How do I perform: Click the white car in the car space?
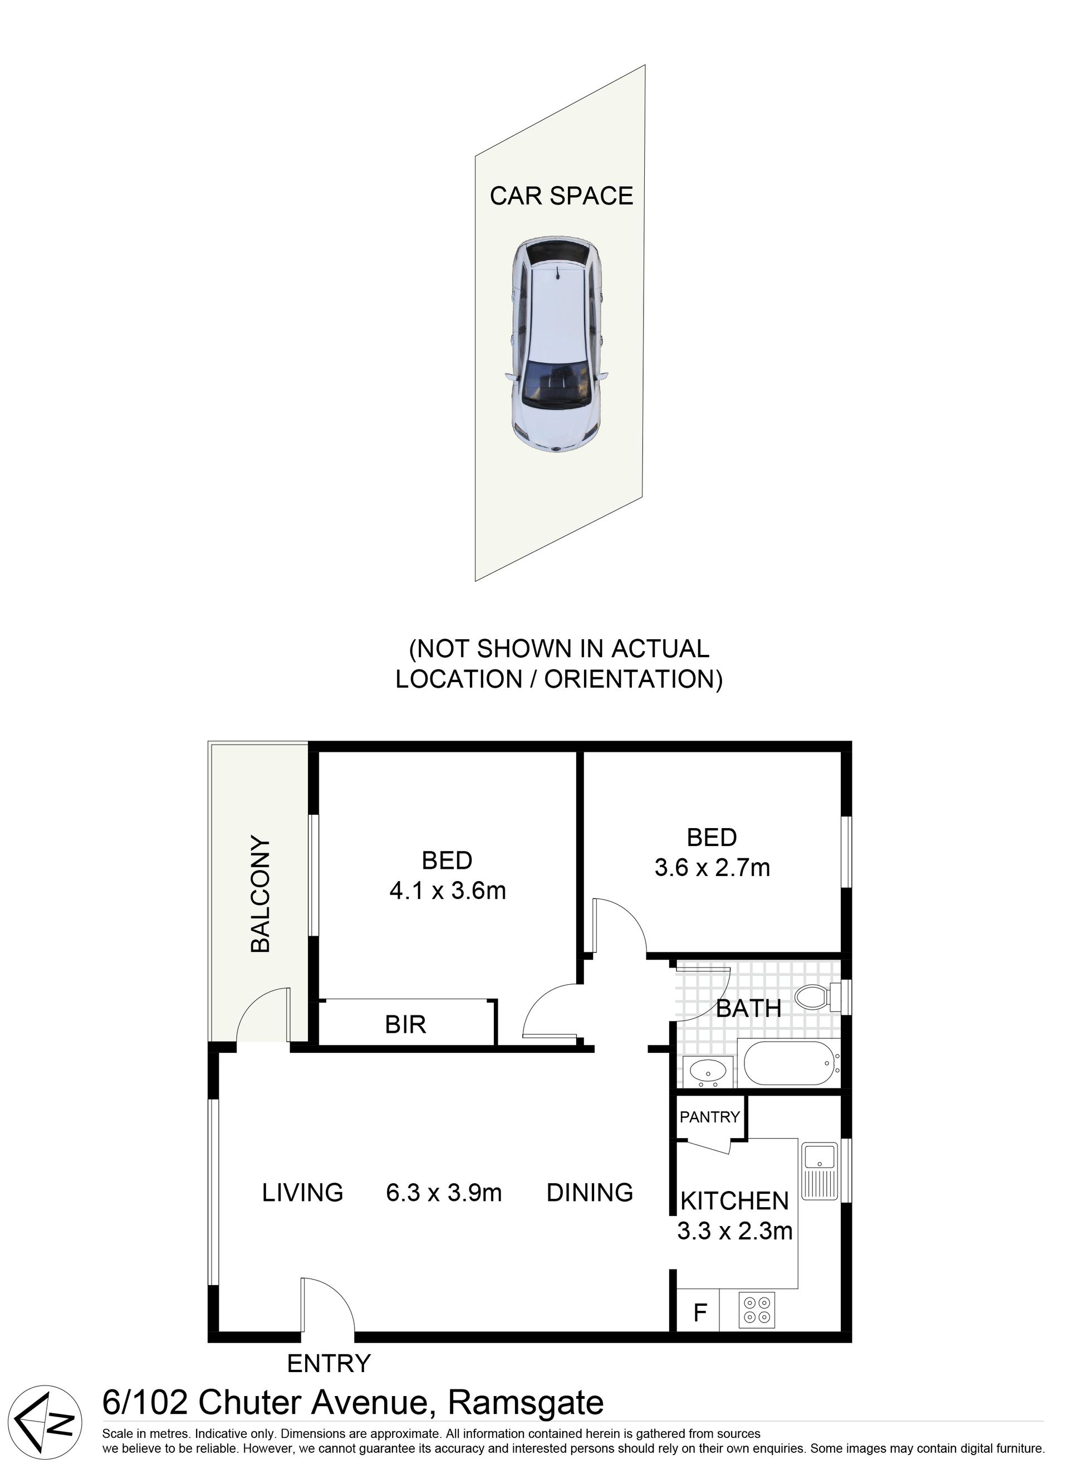[556, 344]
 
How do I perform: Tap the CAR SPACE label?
[561, 196]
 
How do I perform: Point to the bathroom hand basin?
[708, 1072]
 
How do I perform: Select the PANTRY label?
[710, 1116]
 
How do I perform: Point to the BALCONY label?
[261, 893]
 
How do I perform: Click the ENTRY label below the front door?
[328, 1363]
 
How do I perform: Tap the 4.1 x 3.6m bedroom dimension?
[448, 891]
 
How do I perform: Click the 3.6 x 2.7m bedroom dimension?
[712, 868]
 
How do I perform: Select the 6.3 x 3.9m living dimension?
[444, 1193]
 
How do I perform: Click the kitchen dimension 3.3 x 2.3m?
[734, 1231]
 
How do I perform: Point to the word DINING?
[590, 1193]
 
